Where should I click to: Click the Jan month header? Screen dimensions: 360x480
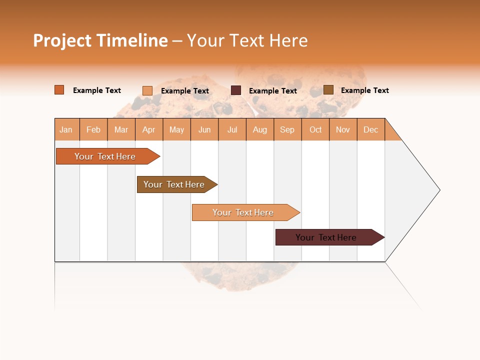click(66, 129)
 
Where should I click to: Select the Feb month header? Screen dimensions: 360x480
click(93, 129)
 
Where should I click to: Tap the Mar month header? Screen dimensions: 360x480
click(121, 129)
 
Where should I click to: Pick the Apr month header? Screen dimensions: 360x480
click(149, 129)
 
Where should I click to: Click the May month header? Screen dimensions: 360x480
click(176, 129)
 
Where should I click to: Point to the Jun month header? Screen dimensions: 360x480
click(204, 129)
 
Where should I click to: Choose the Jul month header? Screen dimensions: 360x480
click(232, 129)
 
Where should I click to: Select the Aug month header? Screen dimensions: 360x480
click(260, 129)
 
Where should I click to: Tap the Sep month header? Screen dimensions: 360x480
click(287, 129)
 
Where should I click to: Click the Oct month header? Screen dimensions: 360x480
click(315, 129)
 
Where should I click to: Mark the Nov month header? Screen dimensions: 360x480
click(343, 129)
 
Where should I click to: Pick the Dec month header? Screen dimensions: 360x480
click(371, 129)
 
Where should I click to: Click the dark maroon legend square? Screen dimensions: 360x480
click(236, 90)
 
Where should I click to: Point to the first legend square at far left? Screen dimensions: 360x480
click(59, 90)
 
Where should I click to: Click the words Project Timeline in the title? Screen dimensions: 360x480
click(100, 40)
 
